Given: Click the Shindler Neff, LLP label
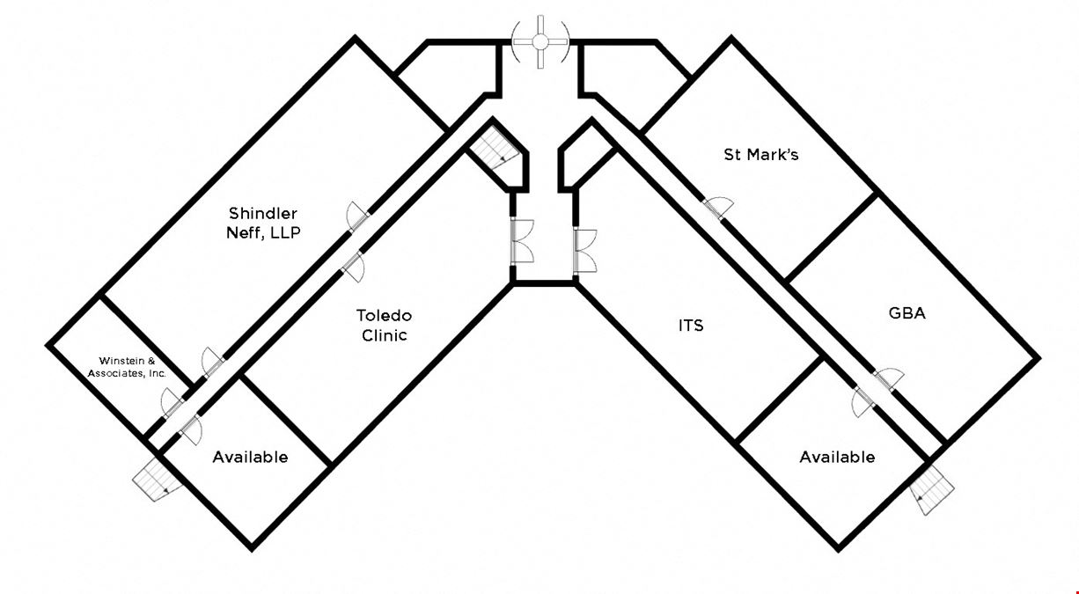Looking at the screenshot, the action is point(263,223).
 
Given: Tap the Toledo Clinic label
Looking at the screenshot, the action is point(385,326).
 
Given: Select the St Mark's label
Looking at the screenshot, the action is point(761,155).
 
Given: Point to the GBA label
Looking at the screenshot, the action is point(907,313).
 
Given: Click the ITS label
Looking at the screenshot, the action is point(691,326).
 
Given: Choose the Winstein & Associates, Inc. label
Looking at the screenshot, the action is point(127,367).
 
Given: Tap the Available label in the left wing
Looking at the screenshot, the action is point(250,457).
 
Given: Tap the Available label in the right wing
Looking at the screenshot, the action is point(837,457).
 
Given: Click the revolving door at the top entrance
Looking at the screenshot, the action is point(540,42).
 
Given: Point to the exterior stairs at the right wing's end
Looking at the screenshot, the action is point(932,490).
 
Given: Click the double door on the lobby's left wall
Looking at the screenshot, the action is point(522,241).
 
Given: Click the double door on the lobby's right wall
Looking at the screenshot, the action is point(584,252).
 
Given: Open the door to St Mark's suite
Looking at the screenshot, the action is point(718,208).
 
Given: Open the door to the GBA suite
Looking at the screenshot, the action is point(889,379).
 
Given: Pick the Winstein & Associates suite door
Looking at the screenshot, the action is point(172,403).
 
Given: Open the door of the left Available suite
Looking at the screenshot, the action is point(191,429).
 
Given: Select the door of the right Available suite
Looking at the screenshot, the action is point(862,402).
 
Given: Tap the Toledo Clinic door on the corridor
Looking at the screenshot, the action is point(353,267).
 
